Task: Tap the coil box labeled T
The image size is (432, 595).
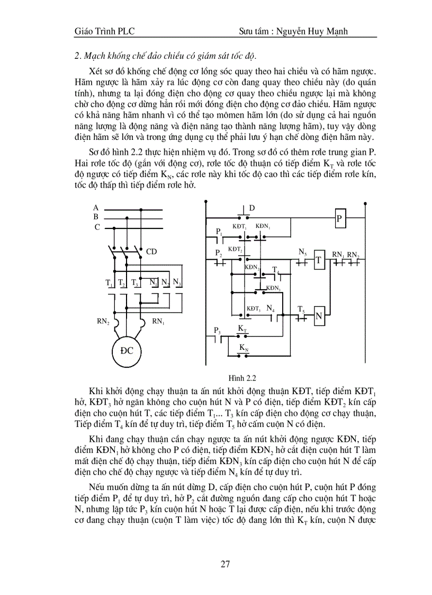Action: pyautogui.click(x=319, y=260)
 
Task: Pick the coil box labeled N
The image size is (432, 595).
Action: pyautogui.click(x=319, y=316)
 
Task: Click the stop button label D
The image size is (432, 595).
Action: pyautogui.click(x=252, y=208)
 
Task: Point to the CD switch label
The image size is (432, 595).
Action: pyautogui.click(x=151, y=251)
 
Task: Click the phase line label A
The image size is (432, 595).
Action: pyautogui.click(x=96, y=208)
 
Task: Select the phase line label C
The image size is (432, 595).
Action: pyautogui.click(x=97, y=227)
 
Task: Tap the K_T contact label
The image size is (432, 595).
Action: pyautogui.click(x=242, y=329)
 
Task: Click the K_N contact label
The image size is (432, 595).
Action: pyautogui.click(x=243, y=348)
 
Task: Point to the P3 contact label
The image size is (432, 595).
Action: pyautogui.click(x=217, y=331)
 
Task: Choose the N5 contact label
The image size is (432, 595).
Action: pyautogui.click(x=302, y=252)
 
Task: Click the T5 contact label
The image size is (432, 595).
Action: pyautogui.click(x=301, y=309)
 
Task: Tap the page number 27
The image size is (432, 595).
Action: pyautogui.click(x=225, y=563)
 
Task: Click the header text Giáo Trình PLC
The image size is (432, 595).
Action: pyautogui.click(x=105, y=32)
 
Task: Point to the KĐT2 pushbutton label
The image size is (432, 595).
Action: pyautogui.click(x=236, y=249)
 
